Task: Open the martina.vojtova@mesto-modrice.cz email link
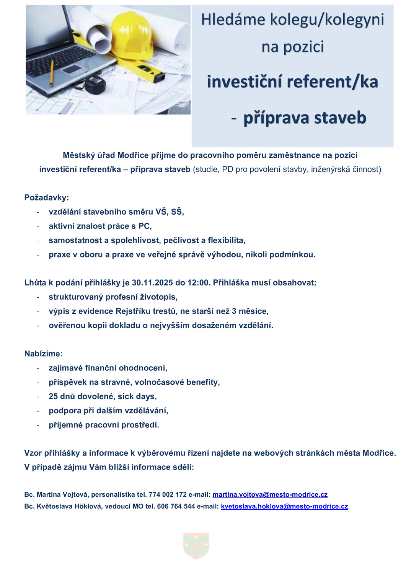[270, 494]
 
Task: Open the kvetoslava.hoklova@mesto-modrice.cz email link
[284, 506]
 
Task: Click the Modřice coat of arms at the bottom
[196, 546]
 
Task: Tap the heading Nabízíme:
[43, 354]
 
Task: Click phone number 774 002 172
[168, 494]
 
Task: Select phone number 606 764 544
[176, 506]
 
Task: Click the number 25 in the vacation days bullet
[53, 396]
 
